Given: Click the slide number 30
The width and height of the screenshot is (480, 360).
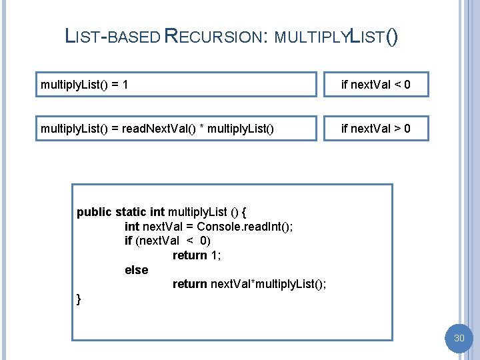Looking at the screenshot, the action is point(459,339).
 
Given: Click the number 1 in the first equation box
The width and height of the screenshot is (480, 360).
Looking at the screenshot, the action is point(125,85).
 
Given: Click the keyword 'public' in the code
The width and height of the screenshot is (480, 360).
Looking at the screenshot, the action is point(94,212).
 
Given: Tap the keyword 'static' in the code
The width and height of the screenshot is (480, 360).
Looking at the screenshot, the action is point(131,212).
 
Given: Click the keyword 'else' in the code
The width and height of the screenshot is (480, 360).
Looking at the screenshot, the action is point(136,270).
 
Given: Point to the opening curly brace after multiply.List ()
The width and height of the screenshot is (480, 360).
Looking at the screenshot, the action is point(245,212).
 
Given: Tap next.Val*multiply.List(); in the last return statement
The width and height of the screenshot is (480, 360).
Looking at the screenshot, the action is point(269,284).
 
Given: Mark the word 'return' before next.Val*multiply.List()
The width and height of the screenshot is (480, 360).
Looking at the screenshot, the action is point(189,284).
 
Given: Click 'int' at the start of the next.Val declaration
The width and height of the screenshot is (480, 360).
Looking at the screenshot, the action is point(132,227).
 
